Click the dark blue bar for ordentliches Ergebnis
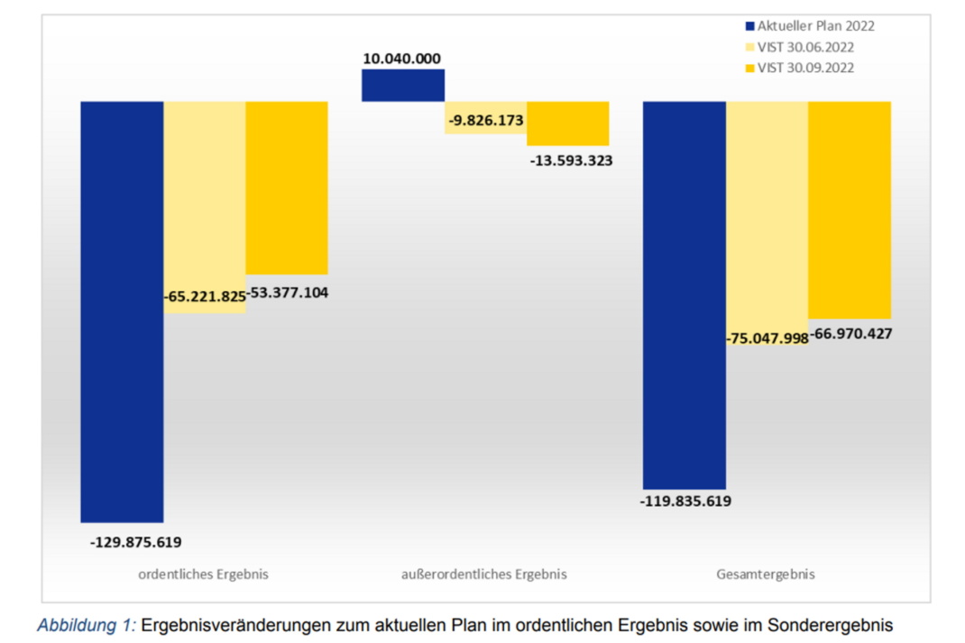tap(122, 311)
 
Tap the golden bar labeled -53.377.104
tap(287, 188)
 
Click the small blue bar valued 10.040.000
tap(403, 86)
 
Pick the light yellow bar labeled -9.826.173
tap(485, 118)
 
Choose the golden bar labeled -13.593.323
tap(568, 124)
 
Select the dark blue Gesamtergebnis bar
tap(684, 295)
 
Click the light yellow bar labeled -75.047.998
tap(767, 216)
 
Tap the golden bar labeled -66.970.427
tap(850, 210)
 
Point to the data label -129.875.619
tap(136, 542)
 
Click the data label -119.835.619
tap(685, 501)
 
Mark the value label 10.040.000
tap(402, 60)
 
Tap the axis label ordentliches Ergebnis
tap(203, 574)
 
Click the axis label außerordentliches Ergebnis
tap(484, 574)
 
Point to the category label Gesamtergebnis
tap(766, 574)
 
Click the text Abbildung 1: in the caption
tap(86, 625)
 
